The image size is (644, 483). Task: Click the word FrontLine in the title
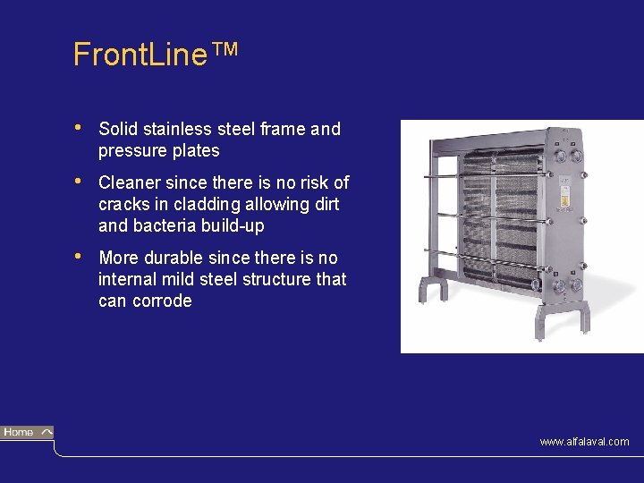tap(140, 55)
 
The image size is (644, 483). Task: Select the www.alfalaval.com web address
tap(584, 442)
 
